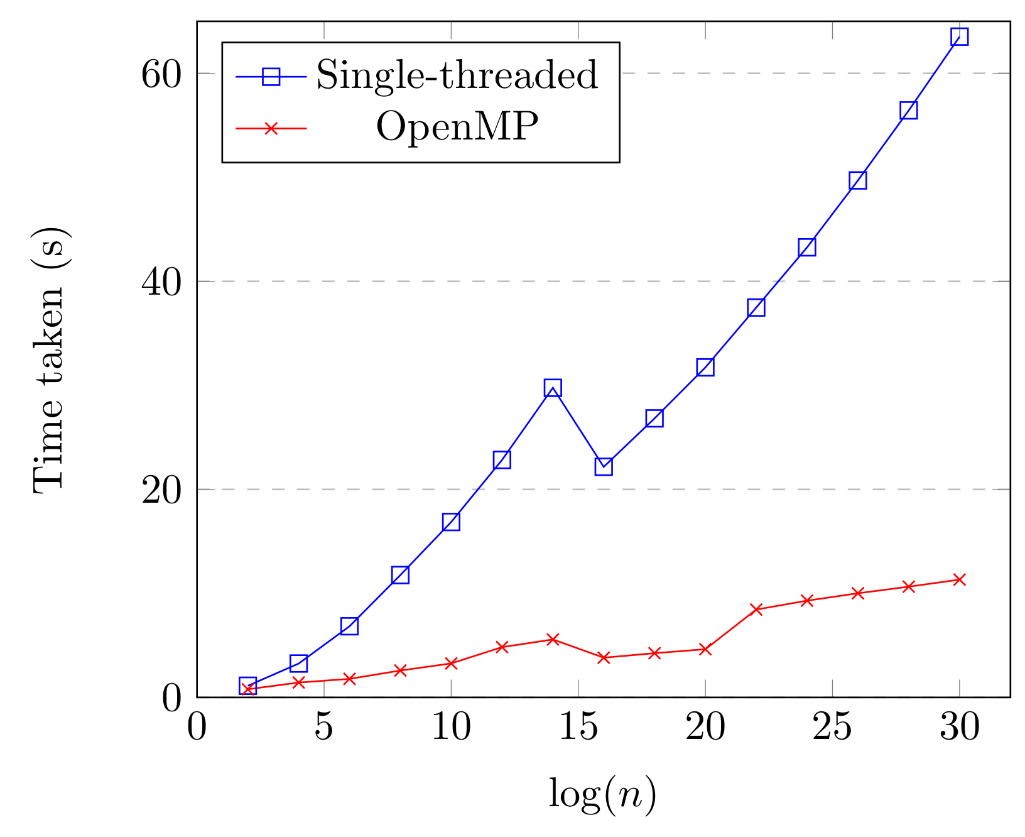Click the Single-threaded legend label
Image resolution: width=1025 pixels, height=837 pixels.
coord(457,75)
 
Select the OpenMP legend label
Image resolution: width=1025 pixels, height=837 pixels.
coord(457,128)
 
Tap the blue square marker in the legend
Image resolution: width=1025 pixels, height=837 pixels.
coord(271,76)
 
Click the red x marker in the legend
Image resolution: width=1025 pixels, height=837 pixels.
coord(271,128)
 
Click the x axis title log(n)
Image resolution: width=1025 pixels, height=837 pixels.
coord(602,794)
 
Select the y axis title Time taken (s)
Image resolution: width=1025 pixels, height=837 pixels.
coord(49,359)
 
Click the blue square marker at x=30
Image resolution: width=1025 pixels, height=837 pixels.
coord(959,36)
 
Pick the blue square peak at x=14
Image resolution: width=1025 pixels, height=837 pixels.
coord(553,388)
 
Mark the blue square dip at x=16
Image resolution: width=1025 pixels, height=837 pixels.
coord(604,466)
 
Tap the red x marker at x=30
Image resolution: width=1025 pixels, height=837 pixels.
coord(959,579)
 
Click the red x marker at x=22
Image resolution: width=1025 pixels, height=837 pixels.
coord(756,609)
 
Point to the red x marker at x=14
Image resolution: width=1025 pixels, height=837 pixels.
coord(553,639)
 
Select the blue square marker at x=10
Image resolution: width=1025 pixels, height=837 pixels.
coord(451,522)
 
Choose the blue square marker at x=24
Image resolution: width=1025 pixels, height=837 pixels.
coord(807,247)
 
